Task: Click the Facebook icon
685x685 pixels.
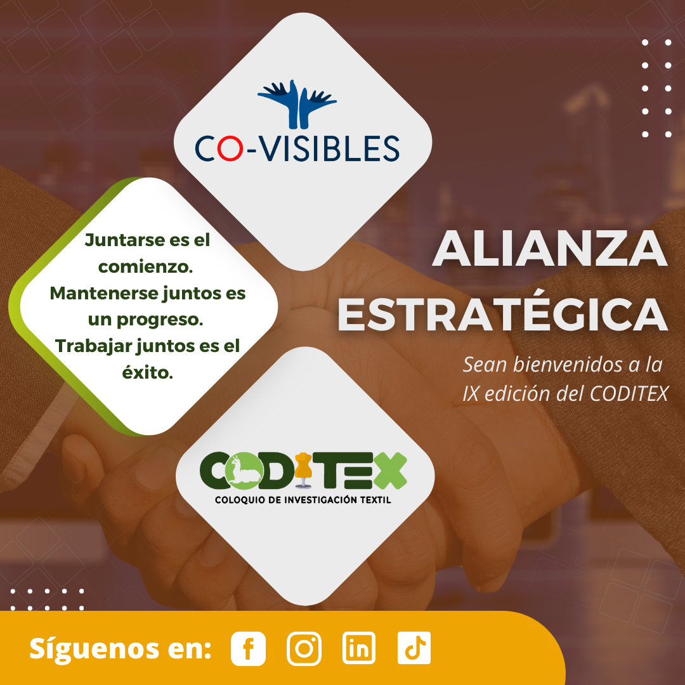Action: (x=248, y=648)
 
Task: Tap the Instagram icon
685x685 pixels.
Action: (x=304, y=648)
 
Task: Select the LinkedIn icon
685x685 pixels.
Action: (x=359, y=648)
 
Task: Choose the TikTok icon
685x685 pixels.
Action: (x=414, y=648)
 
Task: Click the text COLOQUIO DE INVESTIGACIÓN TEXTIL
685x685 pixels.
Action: (x=303, y=500)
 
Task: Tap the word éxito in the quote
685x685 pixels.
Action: (x=148, y=373)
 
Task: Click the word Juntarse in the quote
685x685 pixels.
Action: (x=112, y=240)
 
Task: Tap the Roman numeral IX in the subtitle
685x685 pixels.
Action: (x=471, y=393)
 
